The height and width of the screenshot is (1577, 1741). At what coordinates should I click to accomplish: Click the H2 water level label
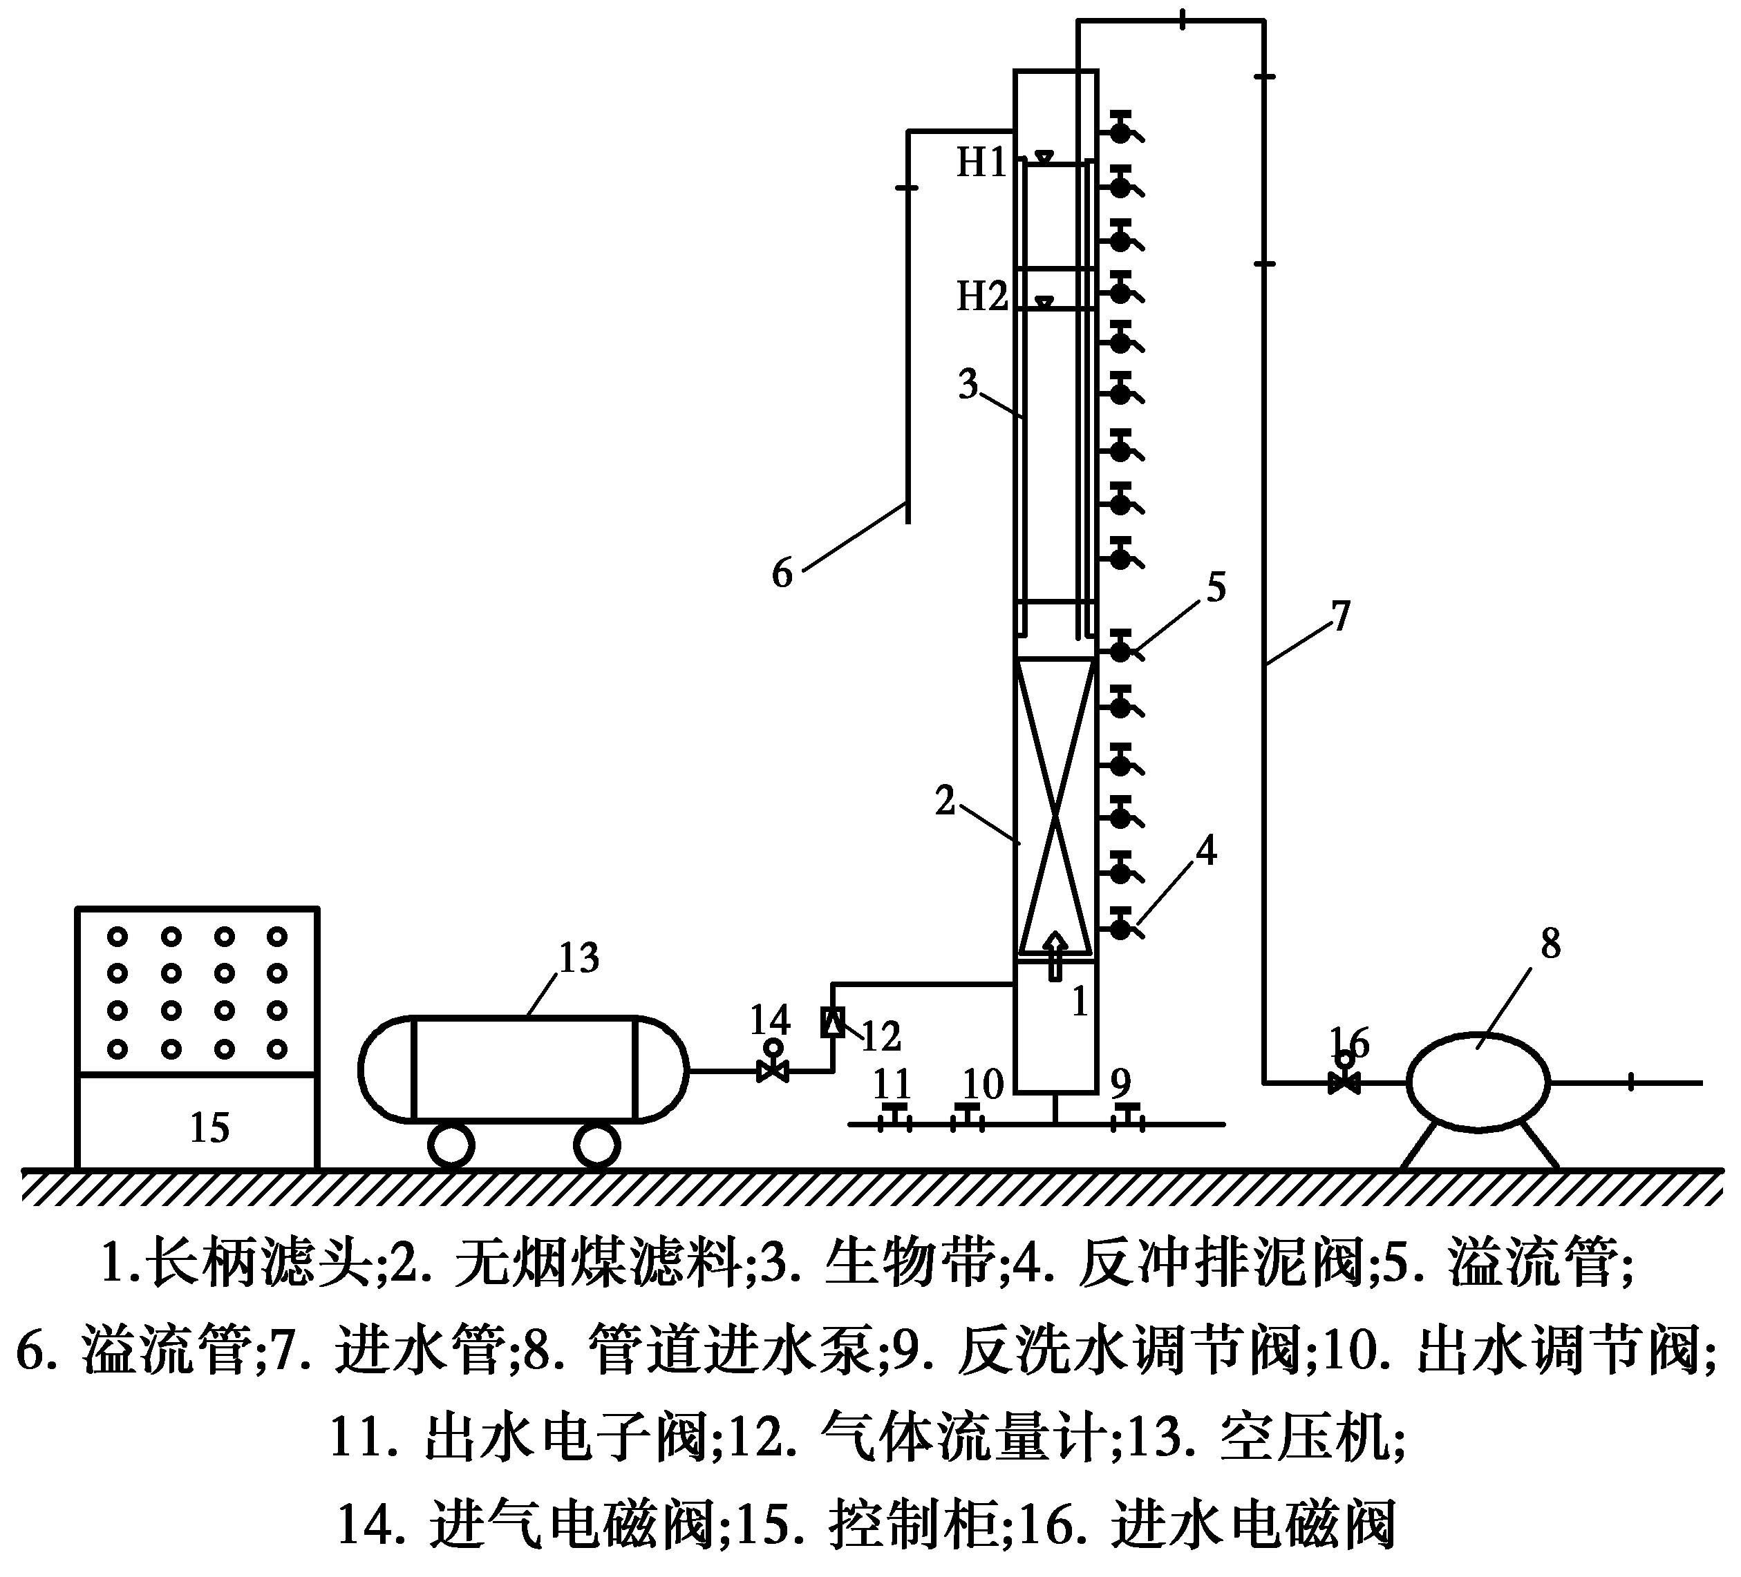pos(982,296)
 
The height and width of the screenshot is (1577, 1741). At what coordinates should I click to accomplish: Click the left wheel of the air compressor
pos(451,1145)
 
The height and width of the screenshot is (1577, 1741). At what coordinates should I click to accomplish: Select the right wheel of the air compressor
pos(596,1145)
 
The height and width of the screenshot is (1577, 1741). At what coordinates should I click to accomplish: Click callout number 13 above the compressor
pos(578,957)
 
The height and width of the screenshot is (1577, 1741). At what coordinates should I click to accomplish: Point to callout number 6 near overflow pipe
pos(782,572)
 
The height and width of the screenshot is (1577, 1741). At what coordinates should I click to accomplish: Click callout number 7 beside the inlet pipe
pos(1339,616)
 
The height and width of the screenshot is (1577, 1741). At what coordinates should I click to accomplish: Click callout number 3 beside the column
pos(969,385)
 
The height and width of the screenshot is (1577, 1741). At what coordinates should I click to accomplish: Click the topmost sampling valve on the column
pos(1120,131)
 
